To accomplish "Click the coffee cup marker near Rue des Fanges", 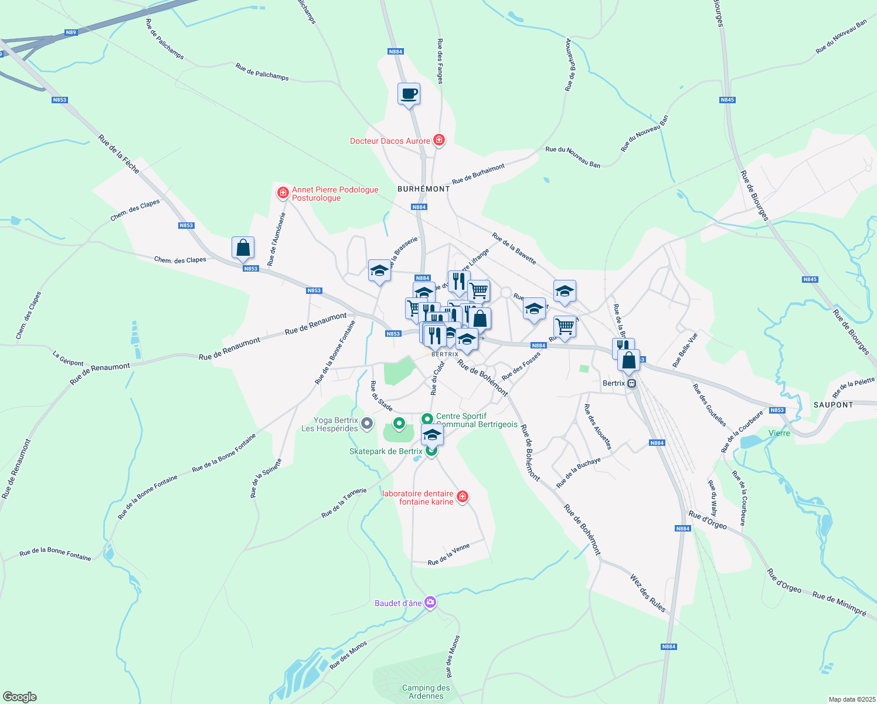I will (409, 94).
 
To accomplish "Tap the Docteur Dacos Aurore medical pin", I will (438, 140).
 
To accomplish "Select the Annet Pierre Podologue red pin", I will (283, 192).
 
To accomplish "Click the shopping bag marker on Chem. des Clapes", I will (243, 248).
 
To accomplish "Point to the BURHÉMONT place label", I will (423, 189).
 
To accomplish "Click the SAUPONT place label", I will (833, 405).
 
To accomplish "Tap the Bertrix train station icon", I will (631, 384).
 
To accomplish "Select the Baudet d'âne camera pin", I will (430, 603).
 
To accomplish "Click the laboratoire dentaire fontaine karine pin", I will (463, 497).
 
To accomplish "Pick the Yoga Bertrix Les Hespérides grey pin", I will (367, 423).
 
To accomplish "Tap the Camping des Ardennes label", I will (426, 692).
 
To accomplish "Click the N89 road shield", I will (71, 32).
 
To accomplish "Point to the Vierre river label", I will (779, 433).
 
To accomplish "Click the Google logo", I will (19, 697).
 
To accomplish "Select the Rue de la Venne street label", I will (448, 554).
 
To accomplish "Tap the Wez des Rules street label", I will (648, 593).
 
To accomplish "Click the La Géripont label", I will (68, 358).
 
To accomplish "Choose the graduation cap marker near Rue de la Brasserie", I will (379, 271).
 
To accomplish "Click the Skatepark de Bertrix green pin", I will (431, 451).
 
